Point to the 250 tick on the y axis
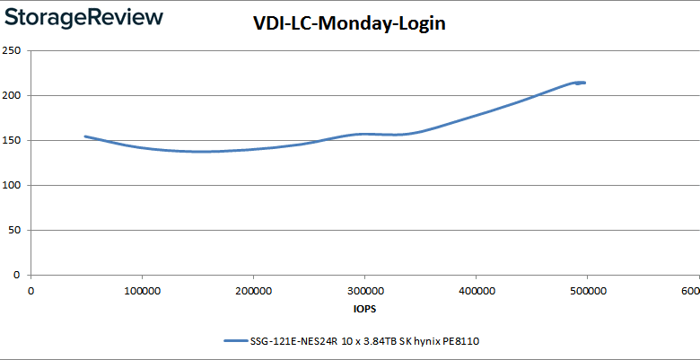[13, 50]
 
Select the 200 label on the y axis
[13, 95]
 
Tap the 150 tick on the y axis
[13, 140]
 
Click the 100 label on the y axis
[13, 185]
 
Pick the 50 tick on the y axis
[16, 230]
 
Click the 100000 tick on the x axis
[142, 290]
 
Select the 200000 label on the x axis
[253, 290]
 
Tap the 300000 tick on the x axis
[364, 290]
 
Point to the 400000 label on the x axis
[476, 290]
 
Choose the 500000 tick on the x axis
[587, 290]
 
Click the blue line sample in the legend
[234, 341]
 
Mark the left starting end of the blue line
[85, 136]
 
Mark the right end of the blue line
[584, 83]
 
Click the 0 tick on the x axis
[31, 290]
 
